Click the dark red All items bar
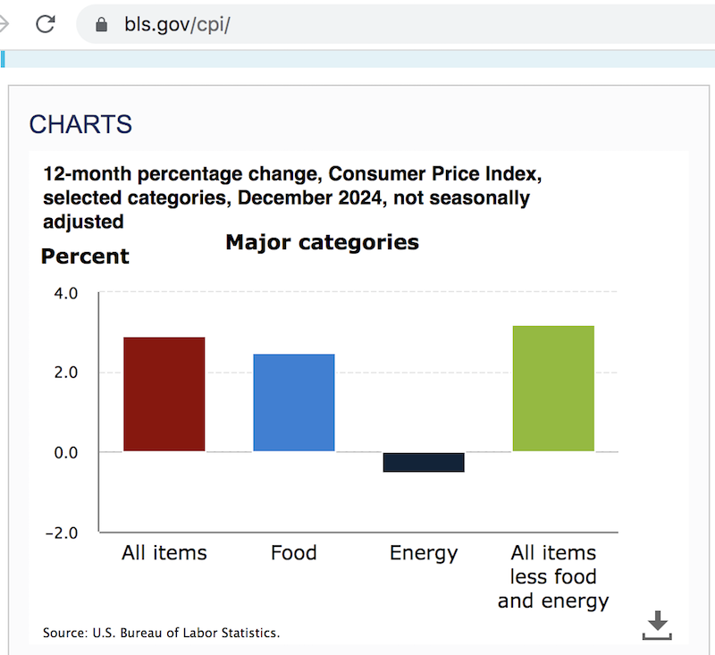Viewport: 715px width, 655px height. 164,394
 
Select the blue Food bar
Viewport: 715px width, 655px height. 294,402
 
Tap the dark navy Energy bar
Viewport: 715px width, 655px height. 424,462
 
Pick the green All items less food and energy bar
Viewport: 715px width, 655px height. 553,389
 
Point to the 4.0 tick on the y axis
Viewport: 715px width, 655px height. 67,292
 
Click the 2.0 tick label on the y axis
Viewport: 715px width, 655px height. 67,372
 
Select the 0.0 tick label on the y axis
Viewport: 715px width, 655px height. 67,452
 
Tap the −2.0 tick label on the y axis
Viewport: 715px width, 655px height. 62,533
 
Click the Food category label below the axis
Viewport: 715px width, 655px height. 294,553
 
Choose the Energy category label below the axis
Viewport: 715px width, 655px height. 424,553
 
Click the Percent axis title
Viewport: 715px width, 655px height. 86,256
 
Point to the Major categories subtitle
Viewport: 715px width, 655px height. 322,242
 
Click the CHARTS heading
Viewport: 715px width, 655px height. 80,124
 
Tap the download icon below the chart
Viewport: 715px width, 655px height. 657,625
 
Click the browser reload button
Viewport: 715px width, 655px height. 46,23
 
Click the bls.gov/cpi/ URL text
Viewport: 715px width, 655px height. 178,24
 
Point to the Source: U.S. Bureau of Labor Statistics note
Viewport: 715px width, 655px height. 162,633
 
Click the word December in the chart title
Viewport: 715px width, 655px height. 278,197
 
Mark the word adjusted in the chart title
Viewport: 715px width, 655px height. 83,221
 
